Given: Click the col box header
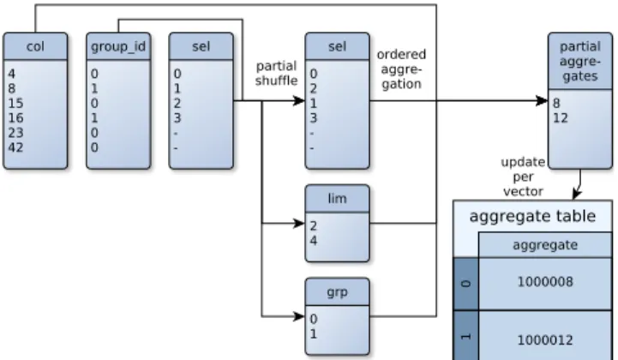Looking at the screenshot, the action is [x=35, y=46].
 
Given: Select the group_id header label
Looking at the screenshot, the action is [x=118, y=47].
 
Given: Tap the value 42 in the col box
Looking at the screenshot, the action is [x=15, y=147].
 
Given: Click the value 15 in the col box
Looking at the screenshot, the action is [x=15, y=104].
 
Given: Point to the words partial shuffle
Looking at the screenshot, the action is [x=276, y=74].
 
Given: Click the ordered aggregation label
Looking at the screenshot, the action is [x=401, y=69].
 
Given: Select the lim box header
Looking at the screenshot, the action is [x=338, y=198].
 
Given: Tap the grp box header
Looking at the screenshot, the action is [x=338, y=291].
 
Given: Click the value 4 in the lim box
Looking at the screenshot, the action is [x=314, y=241].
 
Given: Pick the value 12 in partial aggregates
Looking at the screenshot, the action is [x=561, y=118].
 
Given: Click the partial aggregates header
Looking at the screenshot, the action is [x=580, y=61].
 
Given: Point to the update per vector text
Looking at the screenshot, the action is [x=523, y=177].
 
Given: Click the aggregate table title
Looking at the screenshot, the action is [x=532, y=216].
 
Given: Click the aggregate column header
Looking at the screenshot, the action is [x=545, y=245].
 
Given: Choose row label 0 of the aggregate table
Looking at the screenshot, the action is [x=466, y=284].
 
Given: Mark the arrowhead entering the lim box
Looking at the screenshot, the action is [x=299, y=224].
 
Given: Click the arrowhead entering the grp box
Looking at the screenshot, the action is [x=299, y=316].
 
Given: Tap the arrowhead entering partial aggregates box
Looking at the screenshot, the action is [x=543, y=101].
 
